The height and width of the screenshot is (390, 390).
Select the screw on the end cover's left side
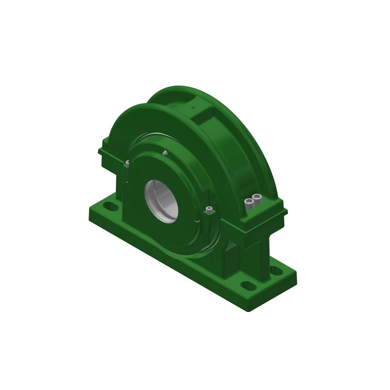[127, 161]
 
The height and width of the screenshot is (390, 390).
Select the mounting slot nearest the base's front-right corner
[246, 285]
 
